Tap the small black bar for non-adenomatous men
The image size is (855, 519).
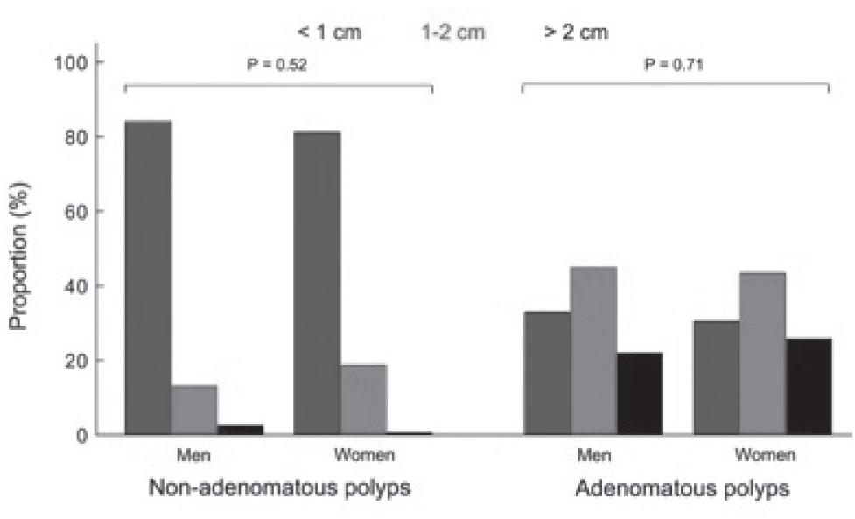pos(240,430)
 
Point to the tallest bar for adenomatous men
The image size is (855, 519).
pos(593,350)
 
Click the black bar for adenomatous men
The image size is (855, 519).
pos(640,393)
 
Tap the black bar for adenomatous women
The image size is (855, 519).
pos(809,386)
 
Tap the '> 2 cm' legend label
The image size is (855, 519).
pos(575,32)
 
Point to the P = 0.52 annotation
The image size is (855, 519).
pos(277,65)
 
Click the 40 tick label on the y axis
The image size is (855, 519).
pos(77,286)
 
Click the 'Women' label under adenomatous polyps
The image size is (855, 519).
pos(764,455)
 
